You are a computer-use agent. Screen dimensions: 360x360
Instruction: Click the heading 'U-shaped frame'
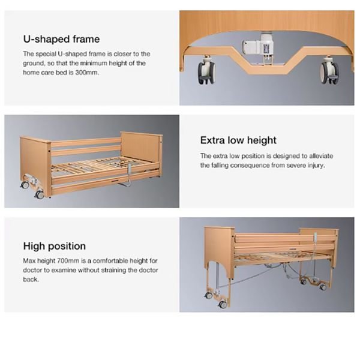point(61,40)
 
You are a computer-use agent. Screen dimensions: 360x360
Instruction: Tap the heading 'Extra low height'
point(238,140)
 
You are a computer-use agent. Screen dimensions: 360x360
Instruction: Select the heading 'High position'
point(55,246)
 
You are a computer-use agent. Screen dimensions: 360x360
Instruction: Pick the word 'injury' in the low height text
point(312,166)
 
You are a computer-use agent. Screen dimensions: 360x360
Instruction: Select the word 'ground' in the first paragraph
point(34,63)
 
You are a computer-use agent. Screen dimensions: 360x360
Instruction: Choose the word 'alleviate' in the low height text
point(320,157)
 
